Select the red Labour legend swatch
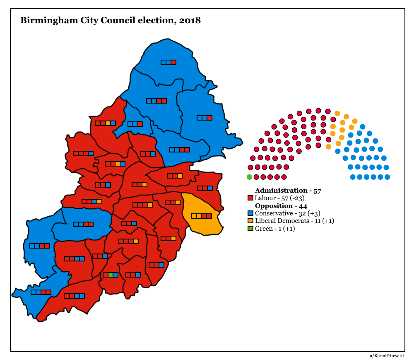click(x=250, y=198)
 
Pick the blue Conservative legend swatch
click(x=250, y=213)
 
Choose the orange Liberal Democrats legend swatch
click(x=250, y=221)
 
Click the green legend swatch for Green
click(x=250, y=229)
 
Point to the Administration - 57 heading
click(x=288, y=191)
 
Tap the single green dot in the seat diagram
click(x=249, y=177)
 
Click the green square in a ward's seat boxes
click(x=110, y=275)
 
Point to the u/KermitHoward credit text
click(x=387, y=355)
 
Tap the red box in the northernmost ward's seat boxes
click(x=174, y=62)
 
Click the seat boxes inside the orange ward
click(x=202, y=216)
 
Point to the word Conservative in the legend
click(x=275, y=213)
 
